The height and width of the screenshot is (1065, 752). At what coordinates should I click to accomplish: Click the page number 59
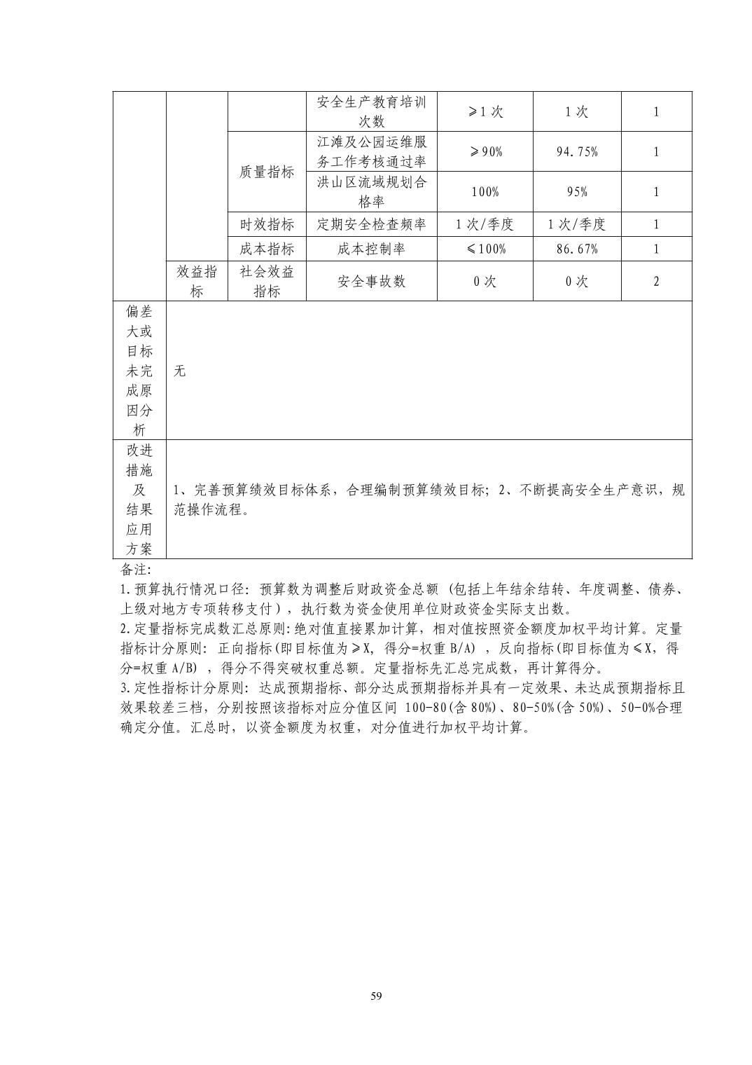point(376,996)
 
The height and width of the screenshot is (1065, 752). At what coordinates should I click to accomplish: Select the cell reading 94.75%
point(577,151)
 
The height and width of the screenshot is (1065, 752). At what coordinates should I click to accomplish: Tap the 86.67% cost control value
point(577,249)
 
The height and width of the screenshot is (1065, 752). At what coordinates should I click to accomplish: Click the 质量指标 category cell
point(267,172)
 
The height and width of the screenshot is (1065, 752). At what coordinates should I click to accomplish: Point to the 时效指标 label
point(267,224)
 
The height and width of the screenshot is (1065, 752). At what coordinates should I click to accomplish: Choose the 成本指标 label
point(267,249)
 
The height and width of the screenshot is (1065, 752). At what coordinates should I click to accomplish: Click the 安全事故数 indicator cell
point(371,281)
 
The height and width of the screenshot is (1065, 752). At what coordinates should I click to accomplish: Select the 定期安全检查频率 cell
point(371,224)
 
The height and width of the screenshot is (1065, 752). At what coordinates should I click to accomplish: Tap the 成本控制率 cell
point(371,249)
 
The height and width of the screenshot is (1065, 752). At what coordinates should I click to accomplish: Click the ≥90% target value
point(485,151)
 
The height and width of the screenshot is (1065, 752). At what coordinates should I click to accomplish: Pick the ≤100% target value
point(485,249)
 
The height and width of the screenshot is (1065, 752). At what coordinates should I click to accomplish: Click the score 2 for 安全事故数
point(656,281)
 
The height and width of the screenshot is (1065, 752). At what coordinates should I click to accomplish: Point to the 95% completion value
point(577,192)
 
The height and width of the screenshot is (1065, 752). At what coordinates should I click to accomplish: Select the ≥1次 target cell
point(485,111)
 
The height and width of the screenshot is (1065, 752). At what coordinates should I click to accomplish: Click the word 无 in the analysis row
point(180,371)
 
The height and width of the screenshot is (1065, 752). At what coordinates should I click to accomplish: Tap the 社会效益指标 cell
point(267,281)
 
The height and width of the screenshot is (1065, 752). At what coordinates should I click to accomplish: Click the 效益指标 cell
point(197,281)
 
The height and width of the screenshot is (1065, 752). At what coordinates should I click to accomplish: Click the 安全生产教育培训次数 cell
point(371,111)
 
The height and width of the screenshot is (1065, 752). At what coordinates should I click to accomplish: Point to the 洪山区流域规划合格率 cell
point(371,192)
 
